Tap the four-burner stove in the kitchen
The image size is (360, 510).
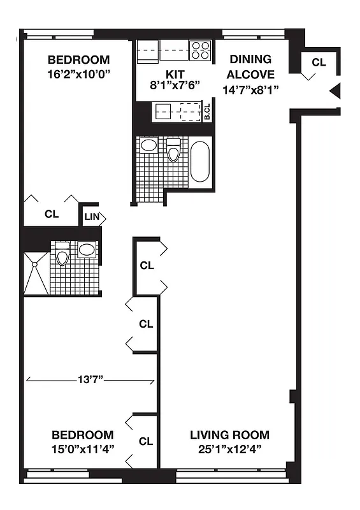point(201,50)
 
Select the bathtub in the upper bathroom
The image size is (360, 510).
point(200,163)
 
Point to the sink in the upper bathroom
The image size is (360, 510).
point(149,145)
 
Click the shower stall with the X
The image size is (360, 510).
point(36,272)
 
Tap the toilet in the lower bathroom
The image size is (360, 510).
point(62,254)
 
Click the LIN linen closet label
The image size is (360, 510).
point(92,217)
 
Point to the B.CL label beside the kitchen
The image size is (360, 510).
point(207,113)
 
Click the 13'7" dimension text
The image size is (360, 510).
point(89,381)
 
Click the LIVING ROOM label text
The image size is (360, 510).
point(229,435)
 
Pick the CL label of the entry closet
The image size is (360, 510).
point(319,62)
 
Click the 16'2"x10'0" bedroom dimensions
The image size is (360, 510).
point(79,73)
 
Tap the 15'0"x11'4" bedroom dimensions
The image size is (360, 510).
point(83,448)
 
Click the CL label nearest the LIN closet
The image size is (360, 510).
point(52,214)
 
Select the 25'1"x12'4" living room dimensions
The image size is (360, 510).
point(229,448)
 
